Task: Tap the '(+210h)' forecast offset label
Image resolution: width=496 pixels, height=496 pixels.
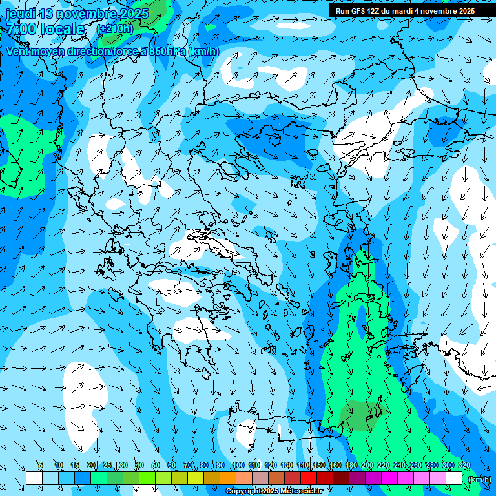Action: tap(114, 28)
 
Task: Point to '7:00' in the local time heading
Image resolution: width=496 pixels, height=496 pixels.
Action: tap(21, 29)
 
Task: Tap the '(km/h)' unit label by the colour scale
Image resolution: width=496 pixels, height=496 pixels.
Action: tap(479, 479)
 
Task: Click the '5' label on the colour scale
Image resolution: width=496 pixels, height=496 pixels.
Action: tap(41, 466)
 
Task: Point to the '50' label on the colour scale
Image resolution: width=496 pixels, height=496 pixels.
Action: tap(156, 466)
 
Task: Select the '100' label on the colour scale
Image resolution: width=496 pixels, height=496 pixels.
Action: tap(238, 466)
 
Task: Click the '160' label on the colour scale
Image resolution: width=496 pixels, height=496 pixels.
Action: tap(335, 466)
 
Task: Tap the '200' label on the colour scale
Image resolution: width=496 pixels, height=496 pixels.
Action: tap(367, 466)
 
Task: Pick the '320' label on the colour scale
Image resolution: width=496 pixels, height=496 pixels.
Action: tap(464, 466)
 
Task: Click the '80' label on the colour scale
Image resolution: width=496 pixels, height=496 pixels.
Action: tap(204, 466)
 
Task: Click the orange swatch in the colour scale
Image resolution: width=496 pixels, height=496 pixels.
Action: tap(227, 479)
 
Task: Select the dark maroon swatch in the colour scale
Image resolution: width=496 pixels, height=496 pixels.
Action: tap(340, 479)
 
